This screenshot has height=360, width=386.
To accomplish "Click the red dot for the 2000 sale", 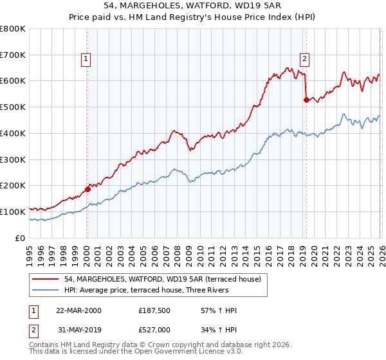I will (87, 189).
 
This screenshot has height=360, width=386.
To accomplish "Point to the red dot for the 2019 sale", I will (306, 100).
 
